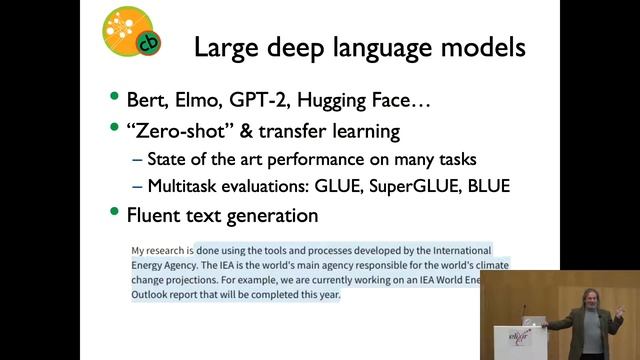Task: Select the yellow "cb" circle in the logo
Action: point(147,42)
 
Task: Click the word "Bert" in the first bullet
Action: point(146,100)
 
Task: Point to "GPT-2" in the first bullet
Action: point(269,100)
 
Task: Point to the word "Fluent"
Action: point(157,214)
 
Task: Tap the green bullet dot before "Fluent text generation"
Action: point(115,214)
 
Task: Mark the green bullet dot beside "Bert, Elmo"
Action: point(115,100)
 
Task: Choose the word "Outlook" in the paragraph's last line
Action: point(154,296)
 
